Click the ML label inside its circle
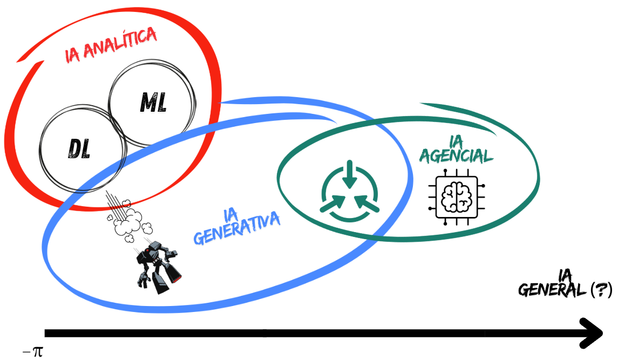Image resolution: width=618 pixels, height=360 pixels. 153,102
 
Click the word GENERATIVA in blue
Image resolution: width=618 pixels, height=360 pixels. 237,230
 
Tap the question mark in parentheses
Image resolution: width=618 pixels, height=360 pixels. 601,290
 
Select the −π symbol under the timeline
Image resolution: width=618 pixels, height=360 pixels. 32,351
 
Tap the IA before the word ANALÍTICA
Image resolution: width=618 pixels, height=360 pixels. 74,55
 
